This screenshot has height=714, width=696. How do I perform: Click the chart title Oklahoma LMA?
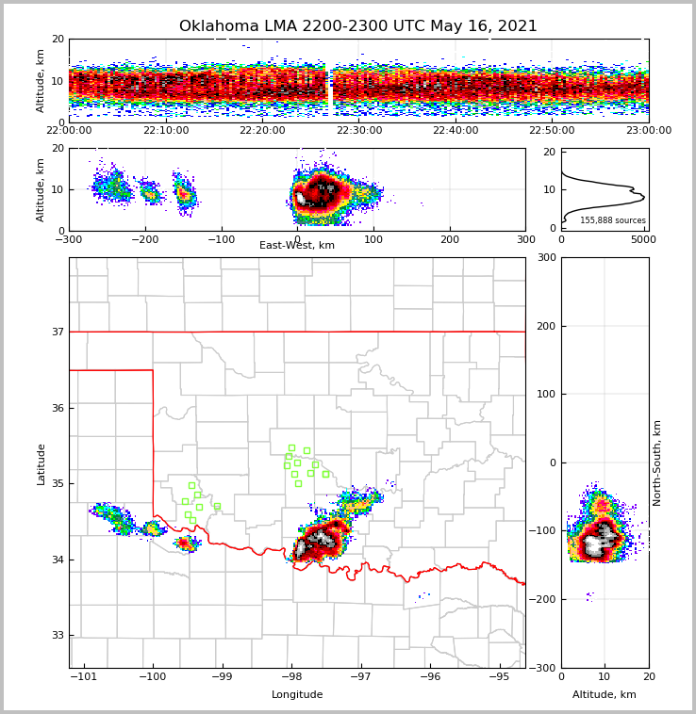click(x=357, y=26)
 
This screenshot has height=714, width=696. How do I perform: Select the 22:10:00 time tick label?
click(x=166, y=131)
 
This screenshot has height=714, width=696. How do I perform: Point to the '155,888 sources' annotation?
click(x=612, y=220)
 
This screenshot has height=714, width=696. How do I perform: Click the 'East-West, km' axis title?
click(x=297, y=246)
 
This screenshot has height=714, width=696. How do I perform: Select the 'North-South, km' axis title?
click(x=657, y=462)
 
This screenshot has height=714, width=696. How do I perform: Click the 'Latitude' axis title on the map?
click(x=41, y=463)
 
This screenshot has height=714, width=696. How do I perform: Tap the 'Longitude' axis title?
click(x=297, y=695)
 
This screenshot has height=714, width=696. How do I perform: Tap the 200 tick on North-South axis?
click(x=544, y=326)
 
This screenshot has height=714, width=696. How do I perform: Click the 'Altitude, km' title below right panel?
click(x=605, y=695)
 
